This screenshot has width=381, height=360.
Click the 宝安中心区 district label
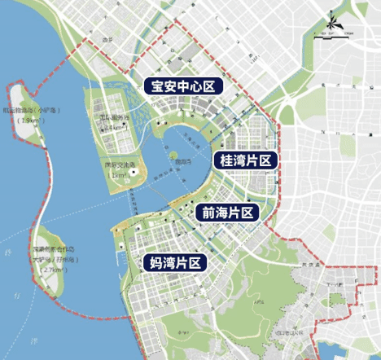tap(180, 85)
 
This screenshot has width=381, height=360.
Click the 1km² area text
tap(120, 176)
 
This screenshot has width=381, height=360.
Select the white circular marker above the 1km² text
tap(130, 169)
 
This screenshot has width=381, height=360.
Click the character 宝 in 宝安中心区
tap(151, 85)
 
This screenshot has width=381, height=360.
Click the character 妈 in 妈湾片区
tap(154, 262)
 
